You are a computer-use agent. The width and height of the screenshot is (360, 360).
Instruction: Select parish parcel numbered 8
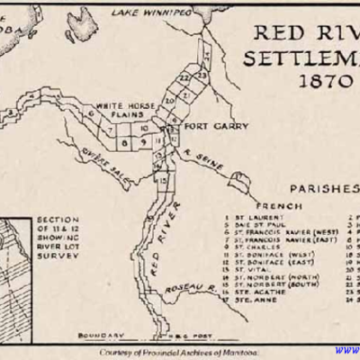click(x=125, y=140)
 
